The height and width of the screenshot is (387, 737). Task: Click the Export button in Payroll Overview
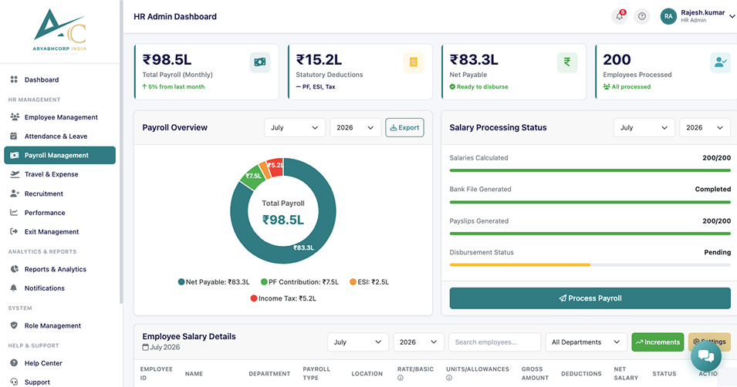[404, 128]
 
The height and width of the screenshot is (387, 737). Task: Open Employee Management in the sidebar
[61, 117]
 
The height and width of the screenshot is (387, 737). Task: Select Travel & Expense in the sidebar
[51, 174]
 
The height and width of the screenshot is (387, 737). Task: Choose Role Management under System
[52, 325]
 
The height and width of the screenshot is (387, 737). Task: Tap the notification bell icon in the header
[620, 16]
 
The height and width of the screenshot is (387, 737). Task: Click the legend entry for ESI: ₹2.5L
[369, 282]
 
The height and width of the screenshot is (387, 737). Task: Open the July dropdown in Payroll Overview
[295, 128]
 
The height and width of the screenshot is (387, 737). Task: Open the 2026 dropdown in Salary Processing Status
[705, 128]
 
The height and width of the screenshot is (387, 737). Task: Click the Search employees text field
[495, 342]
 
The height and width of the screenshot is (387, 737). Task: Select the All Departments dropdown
[586, 342]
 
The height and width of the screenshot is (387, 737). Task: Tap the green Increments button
[658, 342]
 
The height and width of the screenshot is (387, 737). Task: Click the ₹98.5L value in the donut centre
[283, 220]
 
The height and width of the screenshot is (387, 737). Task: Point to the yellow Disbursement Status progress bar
[520, 265]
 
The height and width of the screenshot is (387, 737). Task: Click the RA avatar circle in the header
[668, 16]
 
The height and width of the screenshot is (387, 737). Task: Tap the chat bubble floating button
[706, 356]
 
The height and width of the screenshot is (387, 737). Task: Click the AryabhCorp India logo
[60, 32]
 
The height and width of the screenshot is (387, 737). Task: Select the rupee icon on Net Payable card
[567, 62]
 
